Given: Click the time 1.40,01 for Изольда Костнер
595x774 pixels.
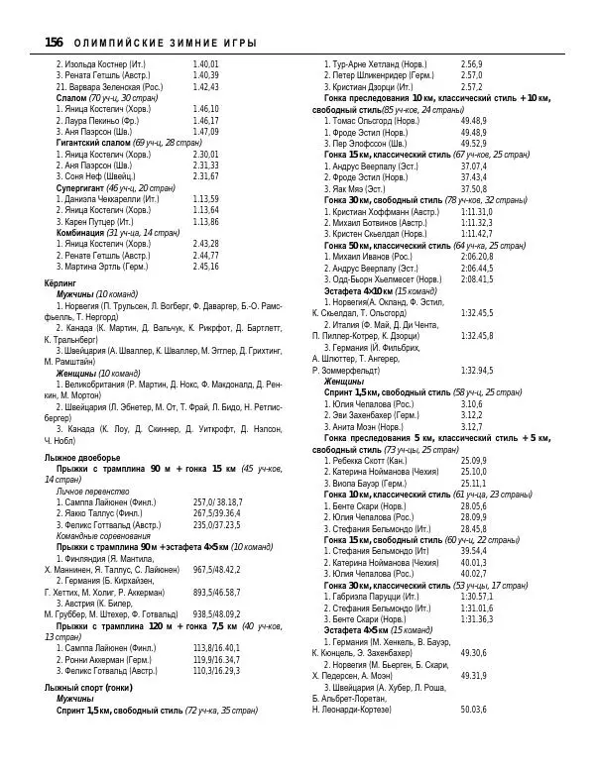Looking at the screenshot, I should [x=205, y=63].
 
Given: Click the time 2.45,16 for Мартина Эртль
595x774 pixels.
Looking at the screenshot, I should [x=205, y=267].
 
